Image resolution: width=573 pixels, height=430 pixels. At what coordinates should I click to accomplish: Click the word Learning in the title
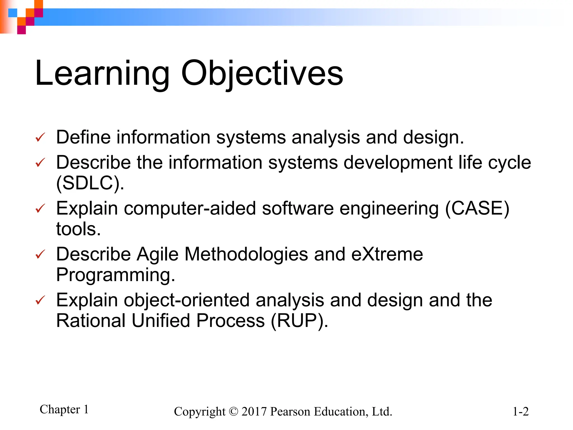click(x=102, y=73)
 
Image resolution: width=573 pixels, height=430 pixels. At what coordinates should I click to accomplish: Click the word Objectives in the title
click(x=262, y=73)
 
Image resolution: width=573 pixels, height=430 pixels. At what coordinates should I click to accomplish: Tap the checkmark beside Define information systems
click(x=40, y=137)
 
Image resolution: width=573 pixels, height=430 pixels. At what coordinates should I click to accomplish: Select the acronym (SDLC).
click(x=90, y=183)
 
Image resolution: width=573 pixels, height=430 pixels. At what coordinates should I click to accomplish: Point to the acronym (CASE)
click(x=477, y=209)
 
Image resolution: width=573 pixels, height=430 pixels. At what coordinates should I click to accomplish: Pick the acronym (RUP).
click(x=299, y=321)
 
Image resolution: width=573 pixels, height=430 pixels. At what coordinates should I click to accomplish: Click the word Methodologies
click(x=246, y=255)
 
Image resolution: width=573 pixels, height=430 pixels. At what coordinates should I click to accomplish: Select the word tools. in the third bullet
click(x=78, y=229)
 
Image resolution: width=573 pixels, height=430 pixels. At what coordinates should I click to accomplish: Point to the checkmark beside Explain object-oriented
click(x=40, y=300)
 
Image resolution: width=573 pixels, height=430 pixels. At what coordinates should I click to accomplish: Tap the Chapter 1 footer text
click(x=64, y=409)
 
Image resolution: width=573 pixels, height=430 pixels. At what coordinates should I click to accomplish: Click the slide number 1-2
click(x=520, y=412)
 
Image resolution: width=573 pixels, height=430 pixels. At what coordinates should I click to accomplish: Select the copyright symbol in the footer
click(x=233, y=412)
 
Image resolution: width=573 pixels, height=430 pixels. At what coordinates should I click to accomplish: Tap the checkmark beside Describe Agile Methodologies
click(x=40, y=254)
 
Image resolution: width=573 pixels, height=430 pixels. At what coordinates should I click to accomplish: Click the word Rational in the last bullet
click(x=91, y=321)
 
